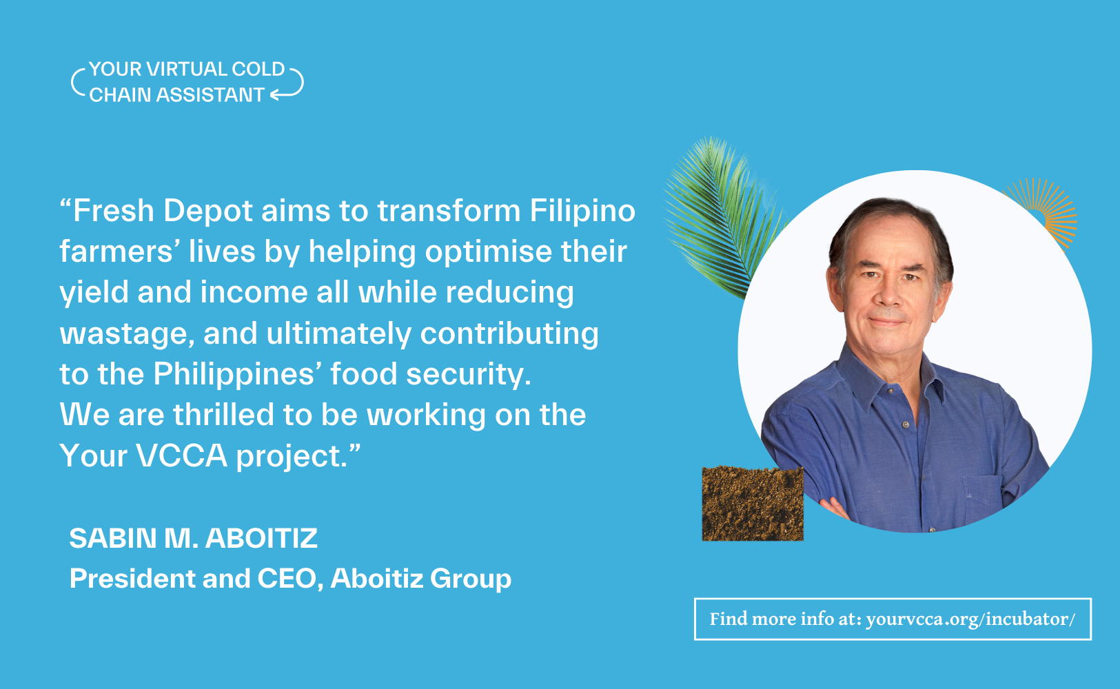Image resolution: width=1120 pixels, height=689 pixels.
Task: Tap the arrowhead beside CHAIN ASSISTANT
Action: pyautogui.click(x=275, y=95)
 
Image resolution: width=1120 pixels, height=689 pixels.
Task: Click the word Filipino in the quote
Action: pyautogui.click(x=582, y=211)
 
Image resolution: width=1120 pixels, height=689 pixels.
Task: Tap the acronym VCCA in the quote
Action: pyautogui.click(x=182, y=455)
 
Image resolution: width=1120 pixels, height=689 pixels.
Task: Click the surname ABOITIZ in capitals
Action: pyautogui.click(x=261, y=539)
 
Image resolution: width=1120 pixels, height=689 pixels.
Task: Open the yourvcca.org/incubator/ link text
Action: pyautogui.click(x=970, y=619)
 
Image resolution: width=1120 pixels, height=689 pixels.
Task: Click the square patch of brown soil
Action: pyautogui.click(x=753, y=504)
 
